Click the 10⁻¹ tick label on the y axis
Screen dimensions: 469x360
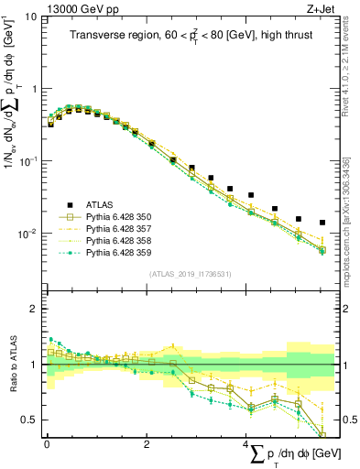click(x=27, y=161)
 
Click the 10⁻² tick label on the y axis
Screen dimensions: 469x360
click(x=27, y=234)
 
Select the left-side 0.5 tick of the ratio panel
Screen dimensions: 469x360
click(x=29, y=420)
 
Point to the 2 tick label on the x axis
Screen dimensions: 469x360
click(x=147, y=444)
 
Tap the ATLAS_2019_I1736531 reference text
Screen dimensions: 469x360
click(x=191, y=275)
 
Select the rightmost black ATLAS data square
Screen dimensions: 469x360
click(x=322, y=223)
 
